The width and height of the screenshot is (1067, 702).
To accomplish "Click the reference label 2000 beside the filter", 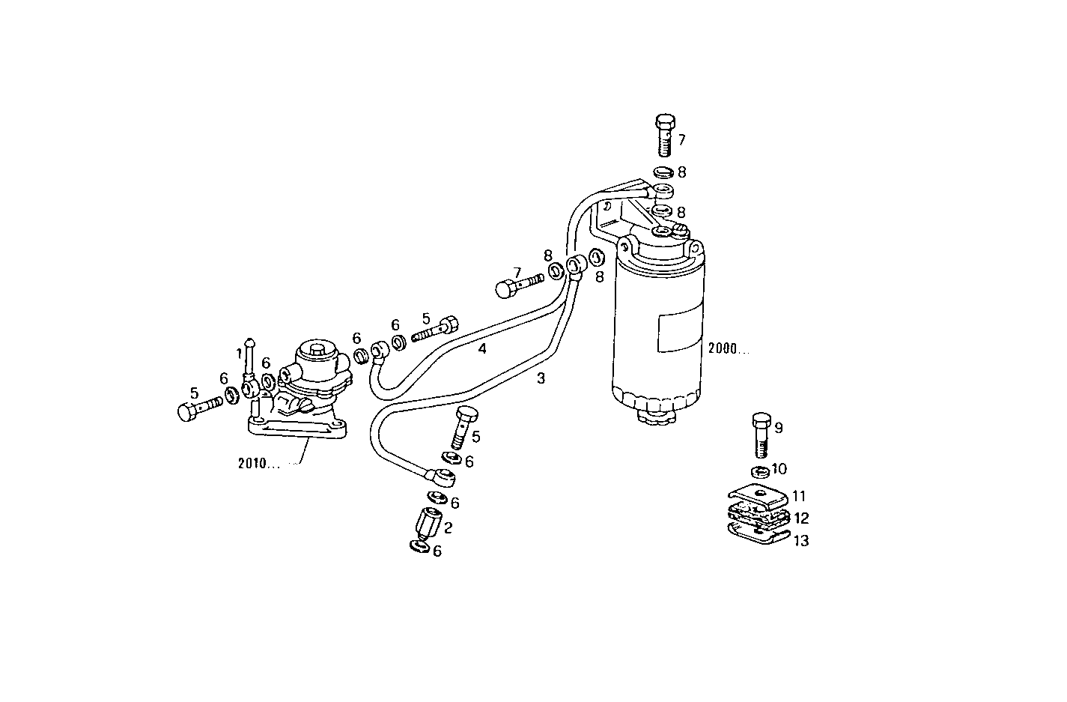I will (x=727, y=348).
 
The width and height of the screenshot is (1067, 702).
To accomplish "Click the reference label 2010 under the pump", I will (x=256, y=463).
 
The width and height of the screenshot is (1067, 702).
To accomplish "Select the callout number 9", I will (x=779, y=428).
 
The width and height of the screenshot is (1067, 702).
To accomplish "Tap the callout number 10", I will (x=779, y=469).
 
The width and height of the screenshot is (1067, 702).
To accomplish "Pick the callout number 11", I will (x=800, y=496).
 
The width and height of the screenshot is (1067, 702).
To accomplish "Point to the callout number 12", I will (x=801, y=518).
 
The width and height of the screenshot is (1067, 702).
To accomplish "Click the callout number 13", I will (x=801, y=540).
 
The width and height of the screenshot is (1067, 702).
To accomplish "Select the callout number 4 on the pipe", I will (x=482, y=348).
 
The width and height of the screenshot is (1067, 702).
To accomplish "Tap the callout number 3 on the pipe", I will (x=541, y=378).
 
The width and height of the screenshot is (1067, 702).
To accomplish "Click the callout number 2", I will (x=448, y=527).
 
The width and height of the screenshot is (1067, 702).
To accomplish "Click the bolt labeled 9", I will (x=761, y=435).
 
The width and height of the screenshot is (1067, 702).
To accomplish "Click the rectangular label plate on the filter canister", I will (x=678, y=332).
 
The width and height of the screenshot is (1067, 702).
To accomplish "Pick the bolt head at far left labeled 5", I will (x=187, y=411).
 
